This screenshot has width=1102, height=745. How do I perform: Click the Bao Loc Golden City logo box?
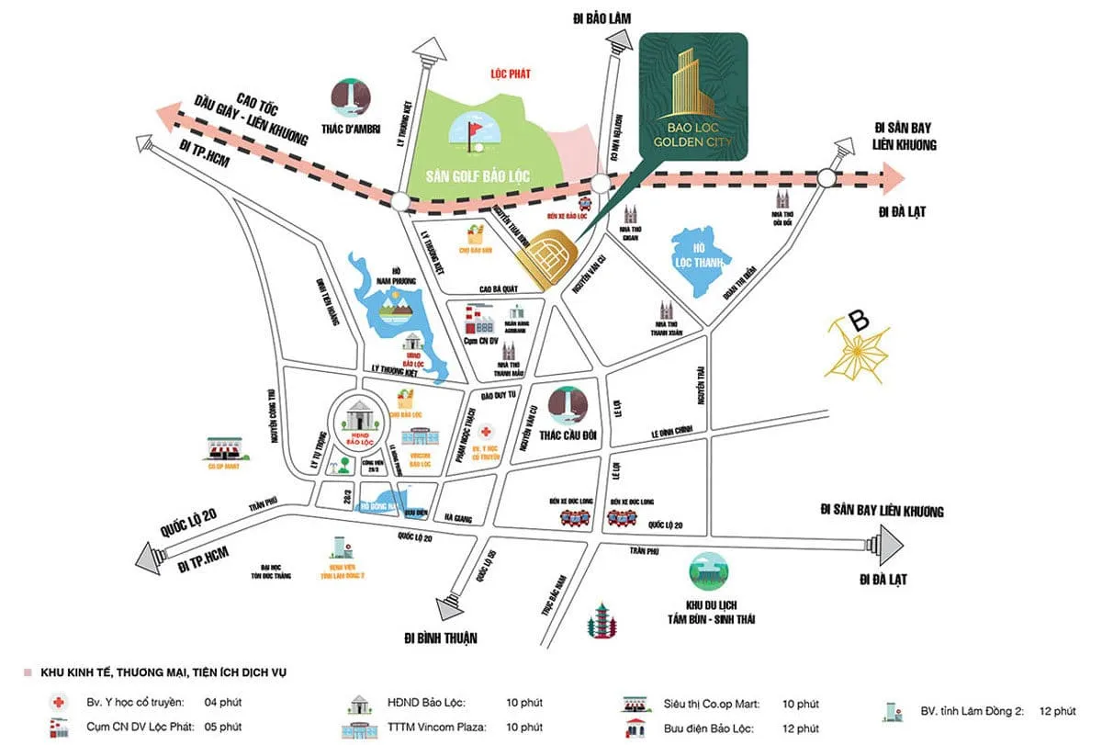pyautogui.click(x=693, y=96)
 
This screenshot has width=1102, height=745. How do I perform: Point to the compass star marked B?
pyautogui.click(x=858, y=350)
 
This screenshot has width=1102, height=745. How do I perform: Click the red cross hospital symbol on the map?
pyautogui.click(x=486, y=430)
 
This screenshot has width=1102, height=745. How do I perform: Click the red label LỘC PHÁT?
pyautogui.click(x=512, y=73)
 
